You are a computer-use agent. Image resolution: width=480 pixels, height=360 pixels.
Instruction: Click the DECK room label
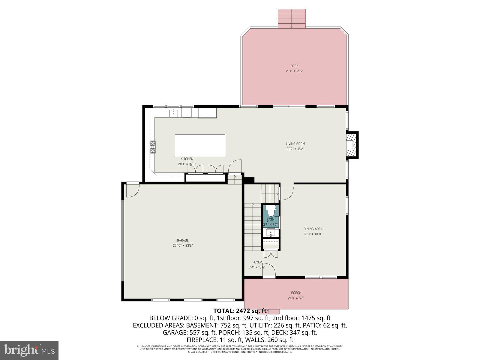point(294,66)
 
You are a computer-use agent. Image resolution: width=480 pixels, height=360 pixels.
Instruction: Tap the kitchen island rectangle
point(200,145)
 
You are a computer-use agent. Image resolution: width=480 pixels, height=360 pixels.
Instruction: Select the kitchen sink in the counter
point(174,113)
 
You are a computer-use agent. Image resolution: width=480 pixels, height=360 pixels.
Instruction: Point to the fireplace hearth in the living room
point(350,145)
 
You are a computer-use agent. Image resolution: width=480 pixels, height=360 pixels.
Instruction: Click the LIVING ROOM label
point(295,144)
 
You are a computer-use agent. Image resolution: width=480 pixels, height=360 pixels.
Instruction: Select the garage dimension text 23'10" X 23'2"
point(183,245)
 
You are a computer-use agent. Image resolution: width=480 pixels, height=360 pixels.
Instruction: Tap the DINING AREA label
point(313,229)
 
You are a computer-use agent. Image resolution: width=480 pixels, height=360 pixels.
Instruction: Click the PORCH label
point(296,293)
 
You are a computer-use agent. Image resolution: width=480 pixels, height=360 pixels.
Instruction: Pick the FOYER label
point(257,262)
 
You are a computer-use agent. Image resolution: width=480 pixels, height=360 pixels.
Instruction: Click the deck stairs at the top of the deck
point(291,19)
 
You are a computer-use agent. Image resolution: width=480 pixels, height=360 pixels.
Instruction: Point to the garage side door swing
point(132,190)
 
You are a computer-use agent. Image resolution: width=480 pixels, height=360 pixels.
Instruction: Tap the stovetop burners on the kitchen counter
point(153,147)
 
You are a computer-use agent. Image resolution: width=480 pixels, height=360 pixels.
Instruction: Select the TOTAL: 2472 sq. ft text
point(240,311)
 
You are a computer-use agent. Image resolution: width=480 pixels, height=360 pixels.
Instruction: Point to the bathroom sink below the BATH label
point(271,232)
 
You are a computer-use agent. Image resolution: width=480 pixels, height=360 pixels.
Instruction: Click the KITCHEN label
point(187,159)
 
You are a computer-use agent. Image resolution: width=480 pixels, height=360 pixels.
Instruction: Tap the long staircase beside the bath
point(252,227)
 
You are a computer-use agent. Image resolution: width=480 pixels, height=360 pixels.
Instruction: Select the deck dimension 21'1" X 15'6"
point(294,71)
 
